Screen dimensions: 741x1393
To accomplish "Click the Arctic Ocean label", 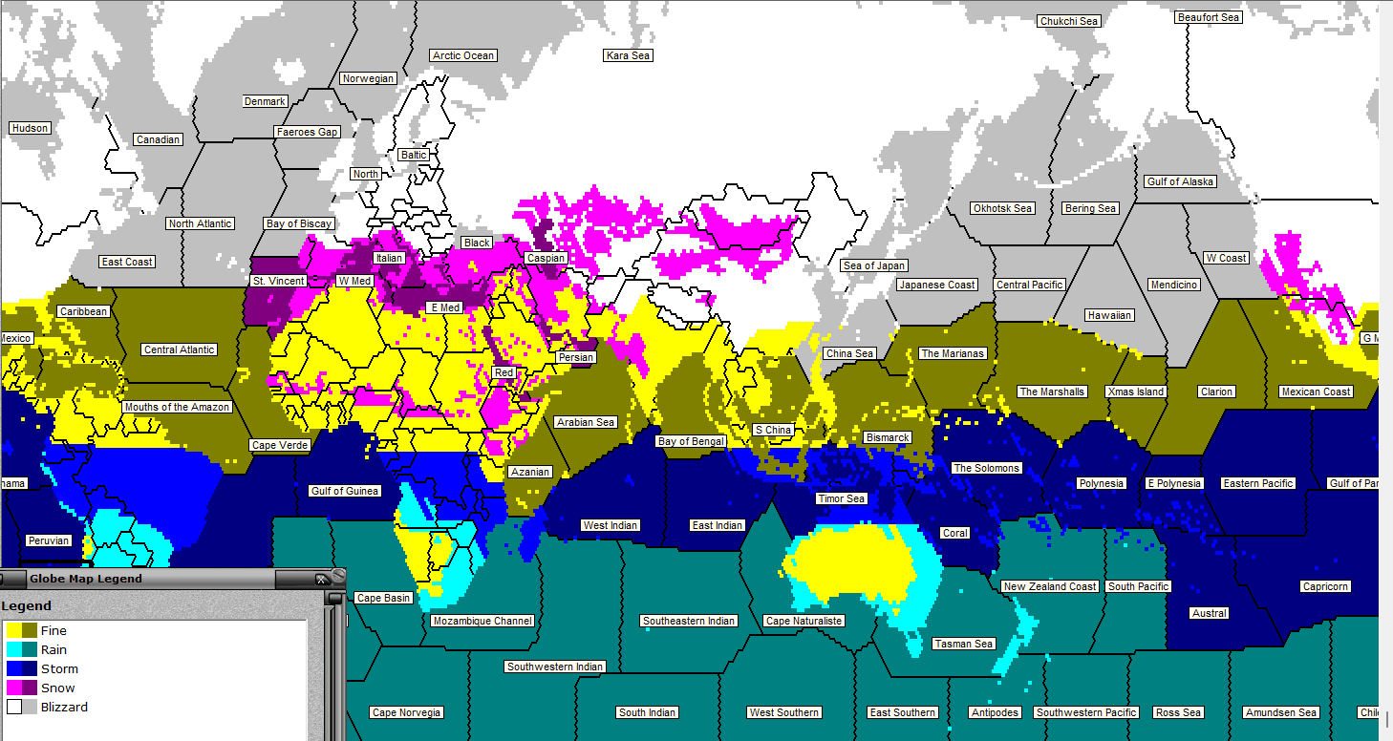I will click(x=463, y=55).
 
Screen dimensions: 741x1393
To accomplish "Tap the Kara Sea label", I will click(x=628, y=55).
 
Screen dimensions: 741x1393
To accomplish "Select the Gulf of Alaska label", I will click(x=1180, y=181).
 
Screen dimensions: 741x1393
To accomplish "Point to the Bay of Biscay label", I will click(x=299, y=223).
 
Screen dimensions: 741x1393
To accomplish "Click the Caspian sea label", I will click(x=546, y=258).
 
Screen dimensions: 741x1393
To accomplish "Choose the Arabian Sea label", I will click(x=586, y=422).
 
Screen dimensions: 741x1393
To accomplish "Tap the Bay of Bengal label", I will click(x=692, y=441).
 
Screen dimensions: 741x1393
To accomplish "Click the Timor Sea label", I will click(x=842, y=498).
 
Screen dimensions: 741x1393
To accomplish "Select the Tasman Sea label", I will click(x=964, y=644).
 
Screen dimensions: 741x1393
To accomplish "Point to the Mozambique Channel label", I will click(x=482, y=621).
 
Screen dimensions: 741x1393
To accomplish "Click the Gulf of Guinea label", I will click(x=345, y=491).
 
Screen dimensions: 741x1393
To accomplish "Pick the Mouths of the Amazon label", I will click(x=177, y=407).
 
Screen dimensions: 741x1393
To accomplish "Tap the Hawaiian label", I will click(x=1109, y=315).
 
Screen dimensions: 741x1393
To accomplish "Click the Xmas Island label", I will click(x=1136, y=392).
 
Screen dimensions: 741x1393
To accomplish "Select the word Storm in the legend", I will click(x=59, y=668).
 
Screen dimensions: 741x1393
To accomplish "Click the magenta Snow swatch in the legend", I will click(x=13, y=688).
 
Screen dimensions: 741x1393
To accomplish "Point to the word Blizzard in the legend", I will click(x=64, y=707).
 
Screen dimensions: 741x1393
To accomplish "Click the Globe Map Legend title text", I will click(x=86, y=578).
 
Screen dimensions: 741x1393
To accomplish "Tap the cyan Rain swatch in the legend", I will click(x=13, y=649).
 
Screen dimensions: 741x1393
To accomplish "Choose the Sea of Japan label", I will click(x=874, y=265).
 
